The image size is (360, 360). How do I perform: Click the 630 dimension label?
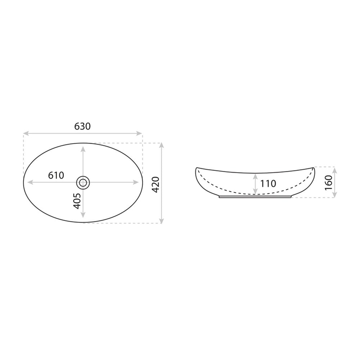pyautogui.click(x=82, y=126)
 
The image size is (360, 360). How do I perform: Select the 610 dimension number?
pyautogui.click(x=56, y=175)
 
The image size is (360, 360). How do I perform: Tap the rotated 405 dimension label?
pyautogui.click(x=77, y=201)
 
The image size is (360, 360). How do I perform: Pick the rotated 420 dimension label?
pyautogui.click(x=156, y=185)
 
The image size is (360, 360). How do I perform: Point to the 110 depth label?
pyautogui.click(x=268, y=184)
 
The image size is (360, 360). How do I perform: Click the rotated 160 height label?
pyautogui.click(x=329, y=182)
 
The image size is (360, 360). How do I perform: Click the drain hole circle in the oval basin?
pyautogui.click(x=83, y=183)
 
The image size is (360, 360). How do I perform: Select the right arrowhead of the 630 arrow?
pyautogui.click(x=139, y=133)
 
